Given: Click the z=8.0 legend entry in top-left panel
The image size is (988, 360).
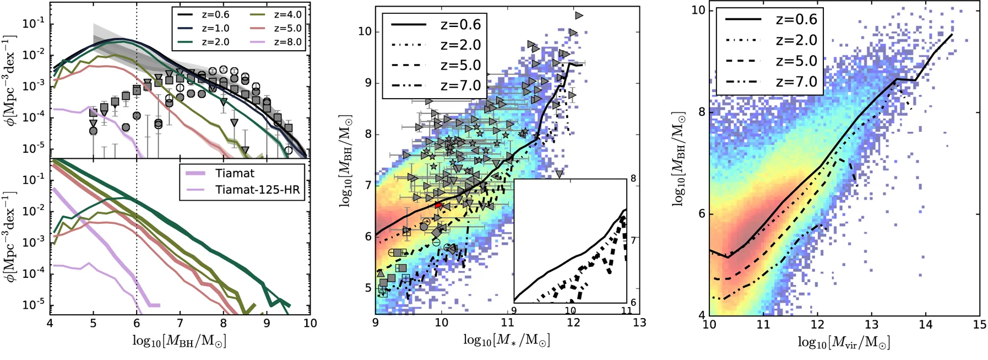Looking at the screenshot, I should coord(288,42).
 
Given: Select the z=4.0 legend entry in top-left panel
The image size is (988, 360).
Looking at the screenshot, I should coord(288,14).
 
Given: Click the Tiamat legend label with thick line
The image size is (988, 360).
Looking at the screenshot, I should coord(235,173).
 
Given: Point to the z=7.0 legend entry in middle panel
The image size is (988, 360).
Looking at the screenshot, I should coord(460,85).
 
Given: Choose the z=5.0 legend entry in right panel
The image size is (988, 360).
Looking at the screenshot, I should coord(796,61).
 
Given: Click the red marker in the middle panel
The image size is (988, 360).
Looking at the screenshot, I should coord(439,205).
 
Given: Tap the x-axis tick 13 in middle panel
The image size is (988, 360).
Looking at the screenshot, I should coord(639,323).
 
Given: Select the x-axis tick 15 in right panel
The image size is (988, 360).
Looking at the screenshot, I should coord(979,325).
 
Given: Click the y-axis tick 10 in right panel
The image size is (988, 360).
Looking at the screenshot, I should coord(698,10).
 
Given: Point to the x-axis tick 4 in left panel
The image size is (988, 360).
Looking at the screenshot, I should coord(50,323).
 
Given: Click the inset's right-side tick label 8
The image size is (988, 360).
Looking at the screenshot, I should coord(633,179).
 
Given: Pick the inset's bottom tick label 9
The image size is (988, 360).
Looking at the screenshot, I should coord(514,310).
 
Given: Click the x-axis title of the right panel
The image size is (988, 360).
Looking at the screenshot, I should coord(844,343).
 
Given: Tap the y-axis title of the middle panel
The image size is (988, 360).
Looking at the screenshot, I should coord(346,162).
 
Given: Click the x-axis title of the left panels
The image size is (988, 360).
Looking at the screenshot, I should coord(180,341).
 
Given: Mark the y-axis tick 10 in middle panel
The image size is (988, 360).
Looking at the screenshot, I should coord(365,31).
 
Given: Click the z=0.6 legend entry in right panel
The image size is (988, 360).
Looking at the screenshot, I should coord(796,19).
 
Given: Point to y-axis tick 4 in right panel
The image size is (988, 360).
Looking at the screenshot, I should coord(702,315).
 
